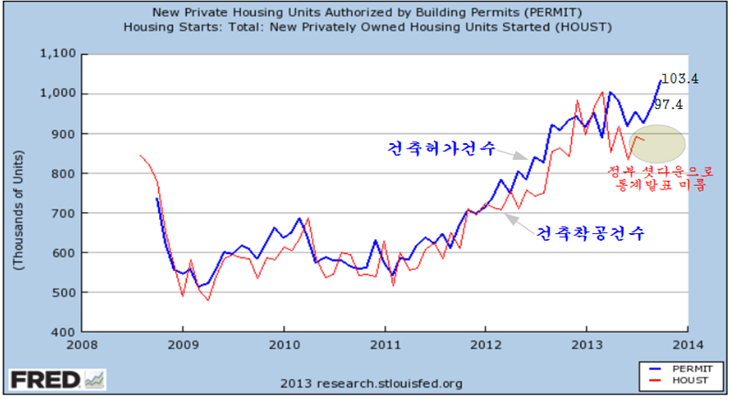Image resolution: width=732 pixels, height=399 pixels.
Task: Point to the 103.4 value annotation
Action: tap(679, 79)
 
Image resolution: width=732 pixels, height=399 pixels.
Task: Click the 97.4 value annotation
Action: tap(668, 105)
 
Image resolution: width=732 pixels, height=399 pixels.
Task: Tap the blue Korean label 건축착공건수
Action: tap(589, 234)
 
